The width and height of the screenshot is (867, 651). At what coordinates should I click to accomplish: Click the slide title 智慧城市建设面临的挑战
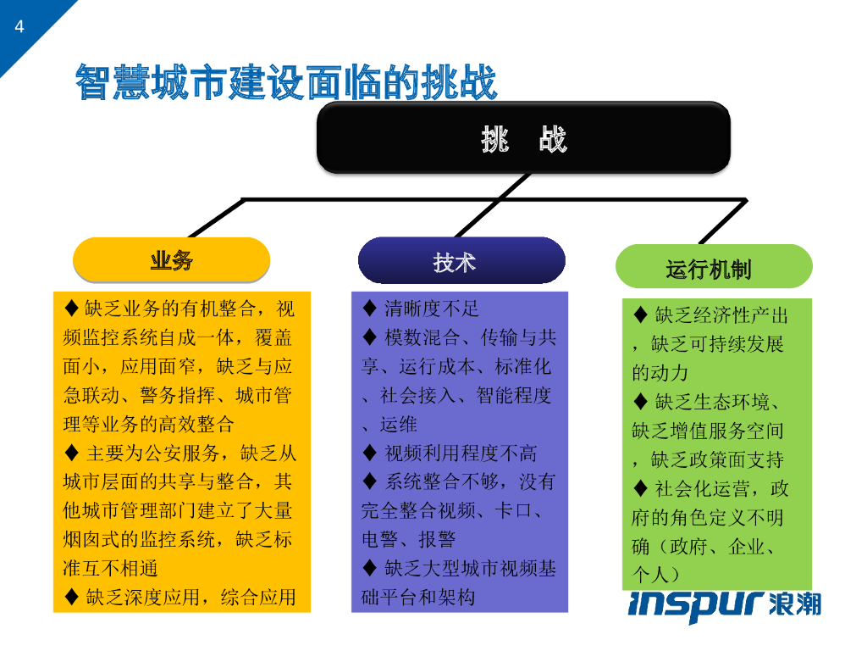tap(286, 82)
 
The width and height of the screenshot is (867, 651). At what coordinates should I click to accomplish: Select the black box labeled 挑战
tap(523, 139)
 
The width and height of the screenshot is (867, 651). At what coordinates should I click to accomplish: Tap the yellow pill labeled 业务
tap(171, 260)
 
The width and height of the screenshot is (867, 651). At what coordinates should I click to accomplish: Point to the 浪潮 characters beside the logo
tap(796, 603)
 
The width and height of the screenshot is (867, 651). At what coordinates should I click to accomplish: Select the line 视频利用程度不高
tap(461, 453)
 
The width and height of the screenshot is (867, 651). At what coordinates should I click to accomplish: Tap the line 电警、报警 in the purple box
tap(408, 539)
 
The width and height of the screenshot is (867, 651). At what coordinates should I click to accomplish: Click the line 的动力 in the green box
tap(660, 373)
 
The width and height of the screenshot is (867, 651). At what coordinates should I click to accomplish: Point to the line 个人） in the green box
tap(657, 575)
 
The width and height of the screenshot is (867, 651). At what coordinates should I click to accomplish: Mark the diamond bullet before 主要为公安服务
tap(71, 453)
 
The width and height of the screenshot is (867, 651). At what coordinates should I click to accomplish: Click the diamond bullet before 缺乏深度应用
tap(71, 597)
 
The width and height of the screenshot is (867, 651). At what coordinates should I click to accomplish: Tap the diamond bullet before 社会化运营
tap(641, 488)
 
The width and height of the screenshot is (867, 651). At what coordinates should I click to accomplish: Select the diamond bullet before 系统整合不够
tap(369, 481)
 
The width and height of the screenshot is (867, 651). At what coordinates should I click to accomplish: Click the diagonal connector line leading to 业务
tap(216, 219)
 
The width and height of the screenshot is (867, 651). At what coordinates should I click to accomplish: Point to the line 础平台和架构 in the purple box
tap(418, 597)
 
